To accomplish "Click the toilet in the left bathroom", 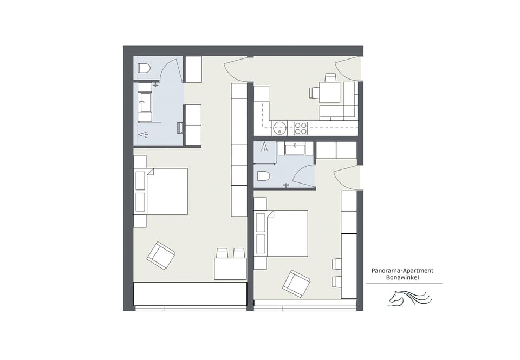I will point(144,68).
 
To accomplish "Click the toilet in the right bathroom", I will point(264,176).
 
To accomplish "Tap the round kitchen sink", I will point(279,128).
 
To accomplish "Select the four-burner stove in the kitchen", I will point(301,128).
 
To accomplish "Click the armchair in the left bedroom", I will point(161,255).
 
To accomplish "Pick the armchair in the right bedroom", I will point(296,283).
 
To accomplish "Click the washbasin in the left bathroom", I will point(145,101).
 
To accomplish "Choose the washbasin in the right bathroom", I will point(295,147).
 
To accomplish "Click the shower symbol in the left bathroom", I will point(142,134).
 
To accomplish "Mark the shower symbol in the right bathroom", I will point(264,146).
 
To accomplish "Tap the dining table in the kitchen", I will point(330,92).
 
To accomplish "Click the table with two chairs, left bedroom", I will point(230,268).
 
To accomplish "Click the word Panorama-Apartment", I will point(402,270).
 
